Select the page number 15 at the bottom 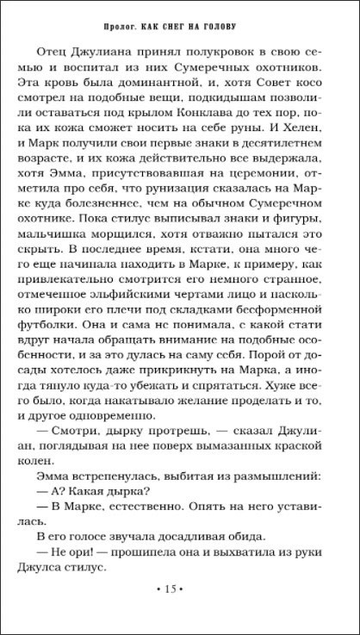pos(179,588)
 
